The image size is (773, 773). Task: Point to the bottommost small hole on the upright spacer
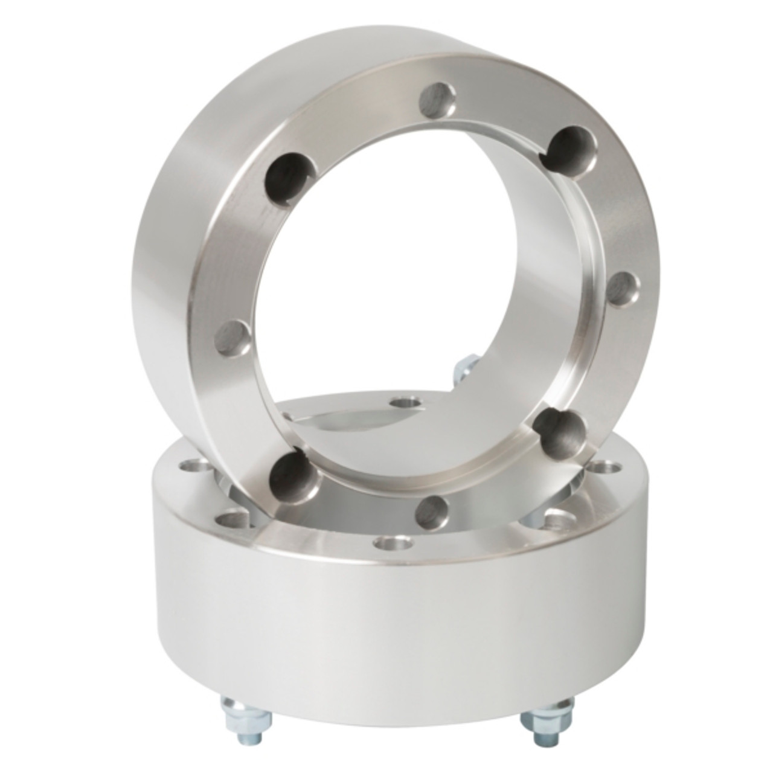[433, 509]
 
